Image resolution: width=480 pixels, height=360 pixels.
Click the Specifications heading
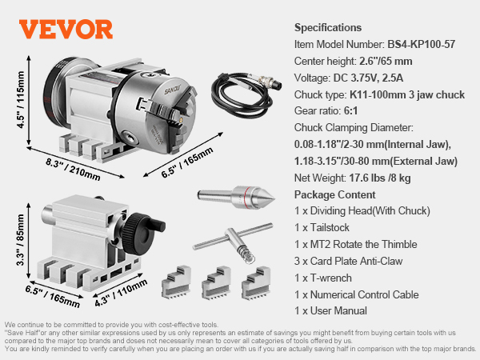[x=328, y=27]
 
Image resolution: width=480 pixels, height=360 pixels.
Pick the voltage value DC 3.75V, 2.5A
[x=374, y=78]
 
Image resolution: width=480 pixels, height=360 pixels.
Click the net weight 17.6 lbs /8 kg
[x=388, y=178]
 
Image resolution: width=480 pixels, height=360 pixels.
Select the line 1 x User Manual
[x=331, y=310]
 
